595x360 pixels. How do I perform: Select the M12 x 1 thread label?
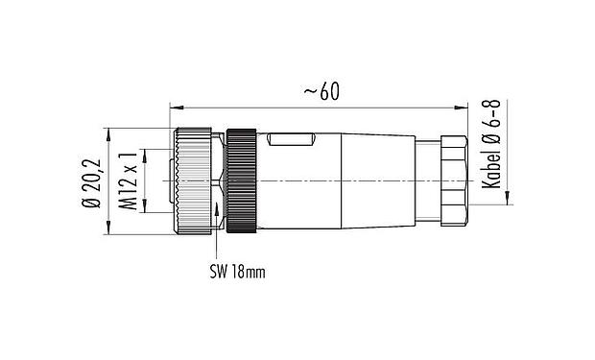[x=127, y=180]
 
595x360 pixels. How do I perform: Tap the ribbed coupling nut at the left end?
[x=197, y=180]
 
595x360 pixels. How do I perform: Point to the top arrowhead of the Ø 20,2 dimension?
[x=107, y=131]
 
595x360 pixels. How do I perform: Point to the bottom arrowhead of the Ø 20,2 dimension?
[x=107, y=230]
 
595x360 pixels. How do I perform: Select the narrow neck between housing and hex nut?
[x=424, y=180]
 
